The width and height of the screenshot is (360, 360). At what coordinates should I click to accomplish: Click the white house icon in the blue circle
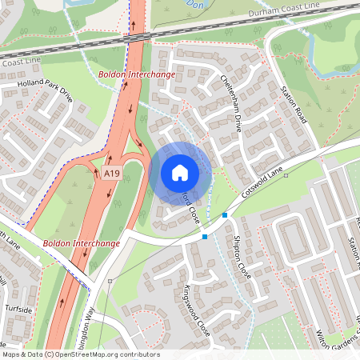tap(180, 172)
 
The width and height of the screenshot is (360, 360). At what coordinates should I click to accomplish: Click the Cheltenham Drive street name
tap(231, 101)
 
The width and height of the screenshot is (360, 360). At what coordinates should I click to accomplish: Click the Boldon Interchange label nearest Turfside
tap(82, 242)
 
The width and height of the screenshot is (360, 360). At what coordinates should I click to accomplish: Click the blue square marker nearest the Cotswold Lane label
tap(225, 215)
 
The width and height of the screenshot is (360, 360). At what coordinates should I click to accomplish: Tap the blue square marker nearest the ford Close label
tap(205, 236)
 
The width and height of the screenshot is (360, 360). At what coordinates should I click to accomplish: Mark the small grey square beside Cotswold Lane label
tap(286, 175)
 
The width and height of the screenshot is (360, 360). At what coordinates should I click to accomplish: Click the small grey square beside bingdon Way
tap(110, 281)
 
